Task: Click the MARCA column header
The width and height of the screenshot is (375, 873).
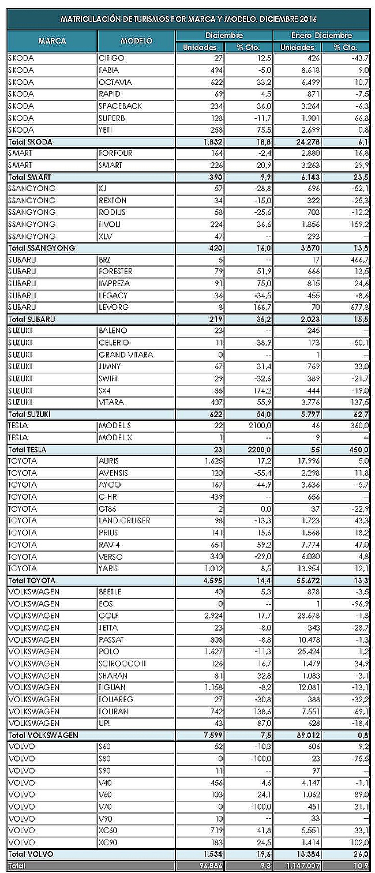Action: (x=52, y=41)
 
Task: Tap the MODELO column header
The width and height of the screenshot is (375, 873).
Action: (x=137, y=41)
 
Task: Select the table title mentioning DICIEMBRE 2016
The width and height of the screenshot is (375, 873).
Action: (x=189, y=19)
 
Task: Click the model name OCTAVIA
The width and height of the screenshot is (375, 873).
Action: (x=115, y=82)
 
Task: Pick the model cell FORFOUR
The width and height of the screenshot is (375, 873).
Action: (x=117, y=153)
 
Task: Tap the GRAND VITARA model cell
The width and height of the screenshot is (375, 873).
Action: (x=126, y=355)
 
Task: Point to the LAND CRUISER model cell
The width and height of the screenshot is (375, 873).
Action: (x=125, y=520)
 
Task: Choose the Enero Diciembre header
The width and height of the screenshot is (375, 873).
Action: (x=321, y=35)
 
